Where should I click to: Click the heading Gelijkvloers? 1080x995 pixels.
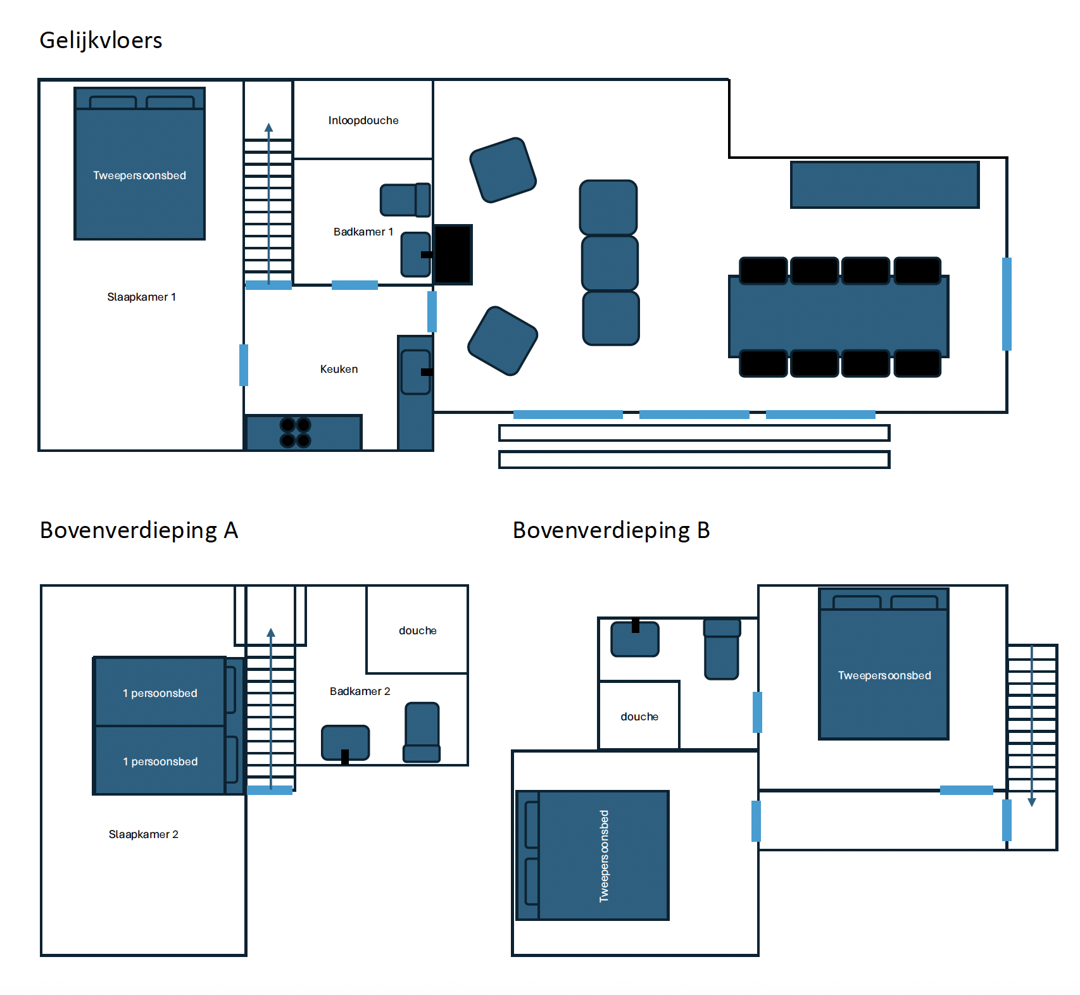[x=101, y=41]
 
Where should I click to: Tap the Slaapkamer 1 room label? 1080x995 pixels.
[x=141, y=297]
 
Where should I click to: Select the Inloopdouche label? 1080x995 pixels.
[x=363, y=120]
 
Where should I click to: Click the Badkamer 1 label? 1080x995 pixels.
[x=363, y=232]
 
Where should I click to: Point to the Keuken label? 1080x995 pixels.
[x=339, y=369]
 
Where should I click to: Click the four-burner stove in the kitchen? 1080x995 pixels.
[x=296, y=432]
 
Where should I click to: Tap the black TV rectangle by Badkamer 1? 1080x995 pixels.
[x=453, y=254]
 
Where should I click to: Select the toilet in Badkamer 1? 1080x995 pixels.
[x=405, y=200]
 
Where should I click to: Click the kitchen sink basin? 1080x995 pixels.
[x=416, y=372]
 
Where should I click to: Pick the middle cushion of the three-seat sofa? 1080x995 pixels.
[x=610, y=263]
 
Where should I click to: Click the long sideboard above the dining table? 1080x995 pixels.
[x=885, y=185]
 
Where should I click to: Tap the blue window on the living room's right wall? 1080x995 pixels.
[x=1007, y=304]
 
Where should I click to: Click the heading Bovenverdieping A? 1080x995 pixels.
[x=139, y=530]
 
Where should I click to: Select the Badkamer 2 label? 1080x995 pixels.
[x=360, y=691]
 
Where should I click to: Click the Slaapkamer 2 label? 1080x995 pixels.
[x=144, y=834]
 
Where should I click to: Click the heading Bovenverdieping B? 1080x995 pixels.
[x=612, y=530]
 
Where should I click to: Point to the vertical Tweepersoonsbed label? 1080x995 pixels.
[x=604, y=856]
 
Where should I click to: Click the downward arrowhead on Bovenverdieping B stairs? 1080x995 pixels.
[x=1032, y=803]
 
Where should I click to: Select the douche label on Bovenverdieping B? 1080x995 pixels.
[x=639, y=717]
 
